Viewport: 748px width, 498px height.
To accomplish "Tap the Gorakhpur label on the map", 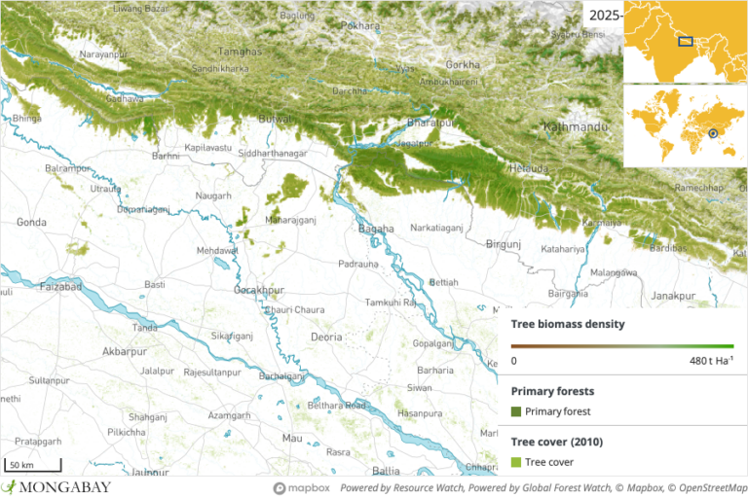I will coord(258,290).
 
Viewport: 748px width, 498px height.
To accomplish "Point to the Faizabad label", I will coord(37,290).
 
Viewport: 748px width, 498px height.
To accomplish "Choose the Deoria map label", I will coord(326,337).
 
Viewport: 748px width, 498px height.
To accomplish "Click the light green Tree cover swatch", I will coord(516,462).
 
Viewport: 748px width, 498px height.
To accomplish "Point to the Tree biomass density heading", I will coord(568,324).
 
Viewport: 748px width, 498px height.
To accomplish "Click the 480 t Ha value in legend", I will coord(709,361).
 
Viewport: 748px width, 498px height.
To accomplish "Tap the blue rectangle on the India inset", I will coord(686,41).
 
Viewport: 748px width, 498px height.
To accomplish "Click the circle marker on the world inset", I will coord(713,133).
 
